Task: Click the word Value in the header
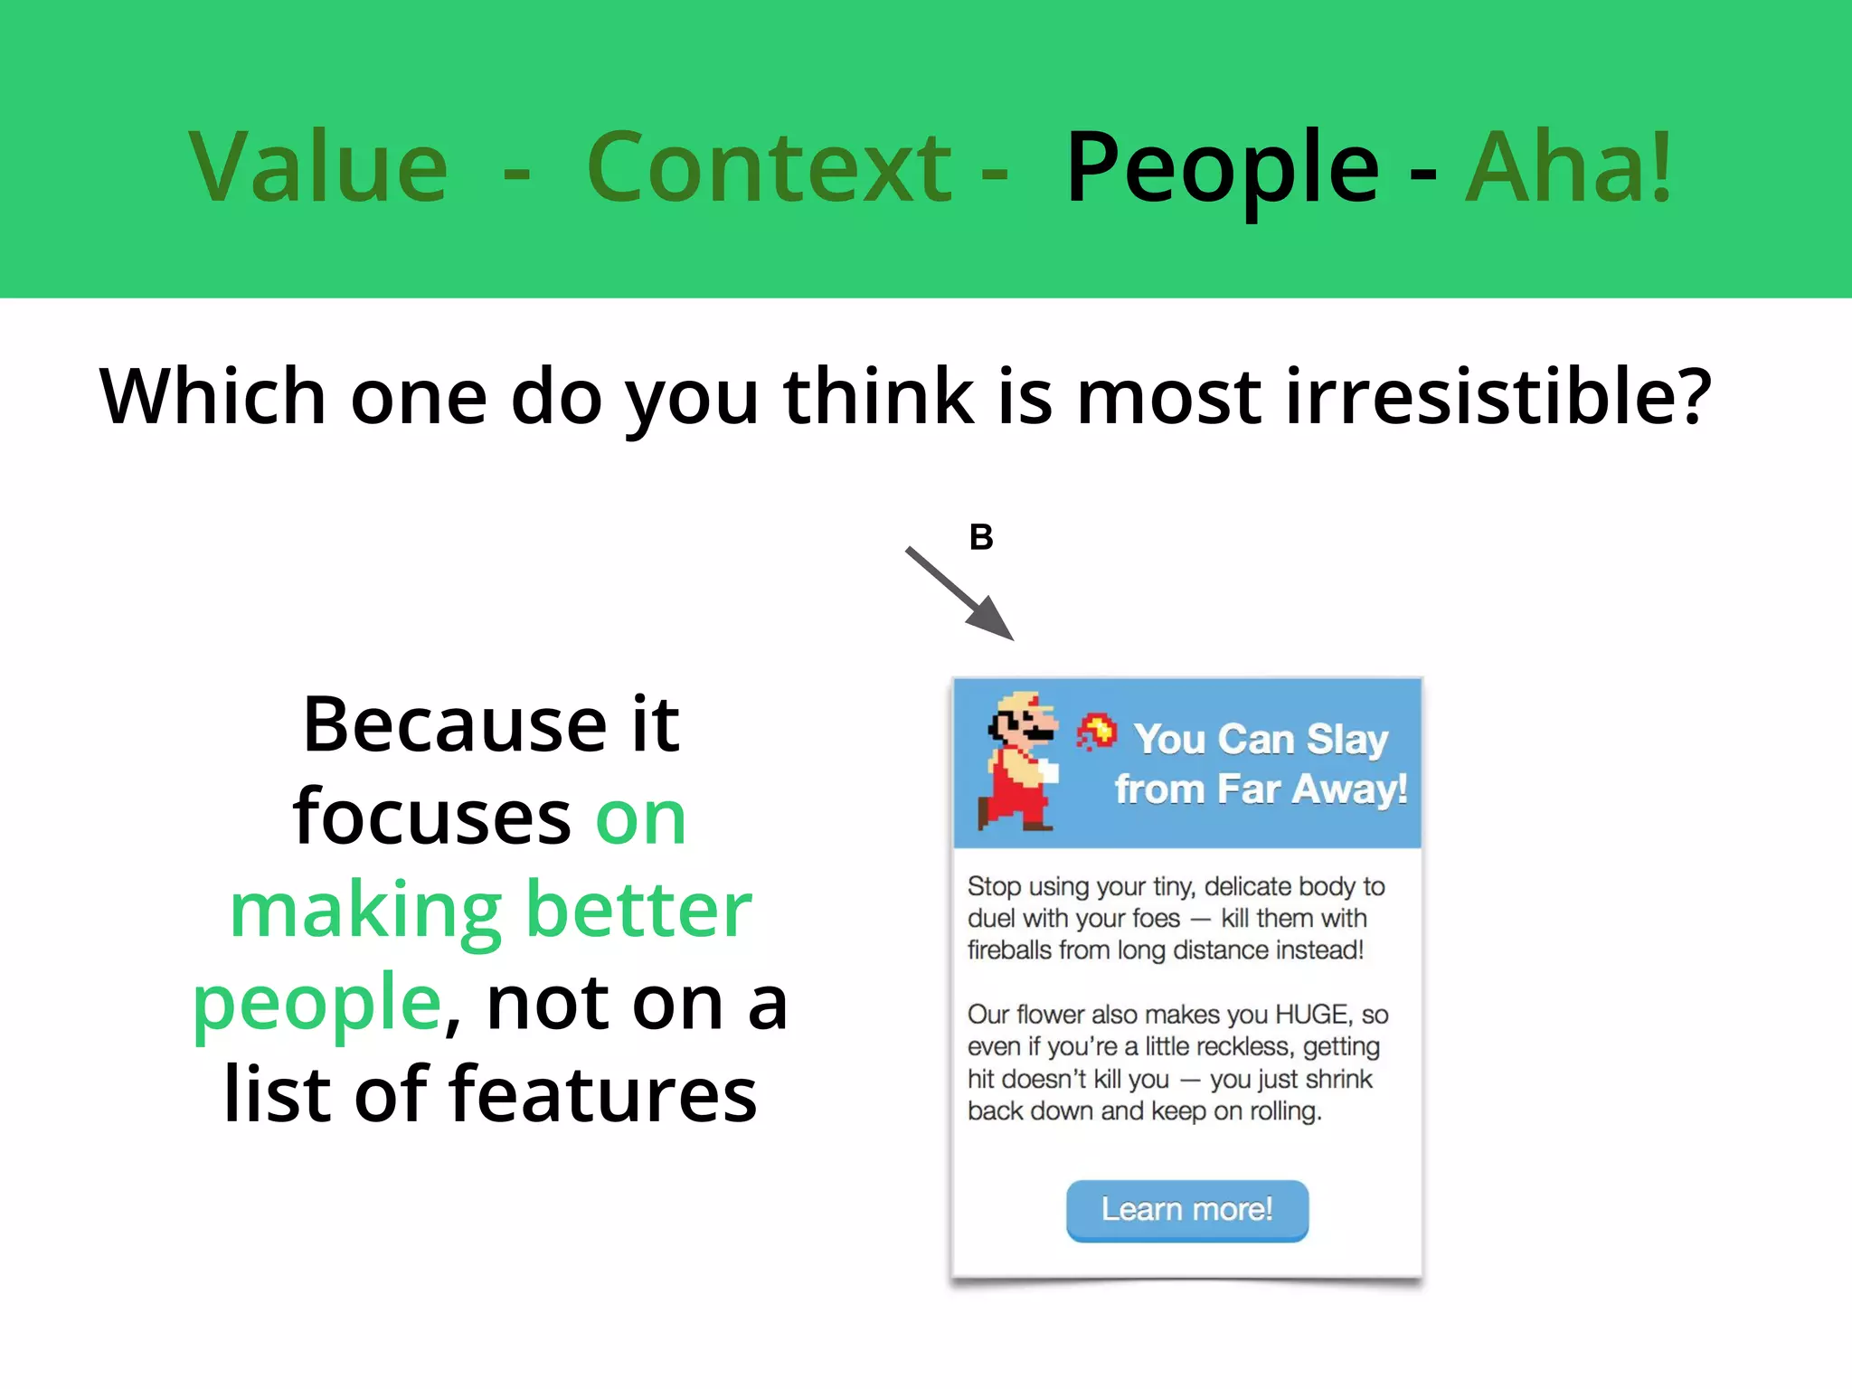[318, 167]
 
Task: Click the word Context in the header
[769, 167]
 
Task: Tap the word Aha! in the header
[1569, 167]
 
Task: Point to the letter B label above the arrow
[981, 537]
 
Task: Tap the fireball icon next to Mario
[1096, 731]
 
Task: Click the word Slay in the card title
[1346, 740]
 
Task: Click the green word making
[365, 912]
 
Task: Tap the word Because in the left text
[455, 725]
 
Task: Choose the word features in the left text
[603, 1095]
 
